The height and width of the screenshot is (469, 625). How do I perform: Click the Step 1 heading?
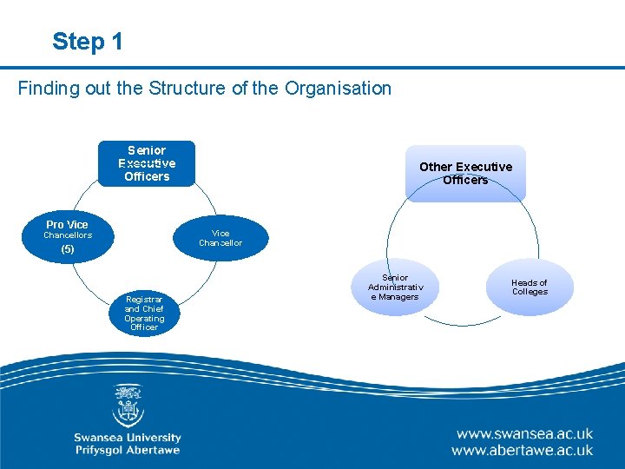pyautogui.click(x=87, y=41)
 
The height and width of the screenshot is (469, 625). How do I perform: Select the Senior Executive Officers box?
pyautogui.click(x=147, y=163)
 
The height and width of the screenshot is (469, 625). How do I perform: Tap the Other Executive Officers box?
pyautogui.click(x=465, y=173)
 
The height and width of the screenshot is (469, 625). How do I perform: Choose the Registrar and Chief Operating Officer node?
pyautogui.click(x=144, y=313)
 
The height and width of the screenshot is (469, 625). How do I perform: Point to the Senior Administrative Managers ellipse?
pyautogui.click(x=395, y=287)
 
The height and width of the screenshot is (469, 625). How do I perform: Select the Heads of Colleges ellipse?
pyautogui.click(x=530, y=287)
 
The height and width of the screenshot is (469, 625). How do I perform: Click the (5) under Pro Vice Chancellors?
pyautogui.click(x=68, y=249)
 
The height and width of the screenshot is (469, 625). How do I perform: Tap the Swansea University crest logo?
pyautogui.click(x=128, y=406)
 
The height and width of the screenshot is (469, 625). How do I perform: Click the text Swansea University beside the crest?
pyautogui.click(x=128, y=438)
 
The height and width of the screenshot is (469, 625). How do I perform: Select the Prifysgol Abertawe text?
pyautogui.click(x=128, y=451)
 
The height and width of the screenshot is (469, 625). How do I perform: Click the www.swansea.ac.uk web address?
pyautogui.click(x=523, y=433)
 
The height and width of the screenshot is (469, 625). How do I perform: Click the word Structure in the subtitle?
pyautogui.click(x=181, y=88)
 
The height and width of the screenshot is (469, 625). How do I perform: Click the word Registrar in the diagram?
pyautogui.click(x=144, y=300)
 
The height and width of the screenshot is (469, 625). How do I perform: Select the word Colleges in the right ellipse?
pyautogui.click(x=530, y=292)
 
